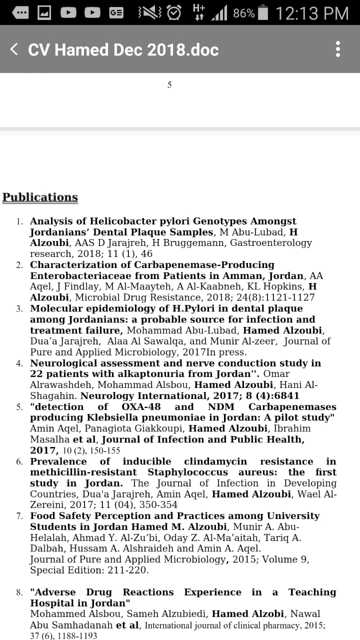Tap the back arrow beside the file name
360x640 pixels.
click(14, 49)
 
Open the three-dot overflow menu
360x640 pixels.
click(338, 49)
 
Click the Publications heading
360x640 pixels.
click(40, 197)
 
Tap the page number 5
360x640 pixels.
click(169, 85)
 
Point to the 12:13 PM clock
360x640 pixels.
click(312, 13)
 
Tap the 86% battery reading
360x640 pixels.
click(243, 13)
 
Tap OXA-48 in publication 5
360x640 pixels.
click(141, 406)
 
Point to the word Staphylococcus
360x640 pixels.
click(187, 472)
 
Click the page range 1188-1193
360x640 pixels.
click(74, 635)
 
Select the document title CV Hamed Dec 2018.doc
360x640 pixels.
click(123, 49)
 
